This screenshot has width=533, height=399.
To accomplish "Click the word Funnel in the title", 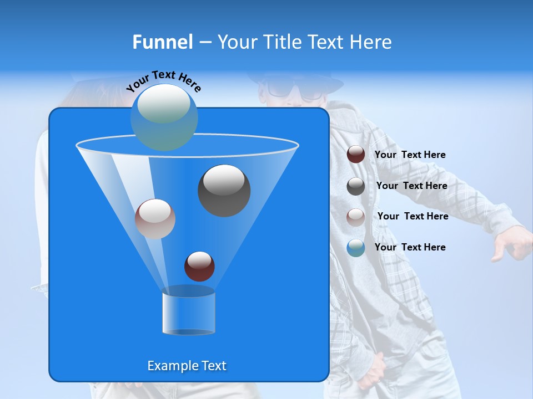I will click(x=162, y=42).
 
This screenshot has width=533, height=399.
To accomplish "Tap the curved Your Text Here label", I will click(x=163, y=80).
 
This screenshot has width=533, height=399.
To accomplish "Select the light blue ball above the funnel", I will click(x=164, y=117).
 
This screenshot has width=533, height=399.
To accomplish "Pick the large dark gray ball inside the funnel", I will click(x=224, y=191).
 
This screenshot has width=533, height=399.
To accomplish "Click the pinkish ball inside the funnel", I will click(x=155, y=219).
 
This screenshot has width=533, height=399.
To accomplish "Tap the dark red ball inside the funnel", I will click(x=199, y=266).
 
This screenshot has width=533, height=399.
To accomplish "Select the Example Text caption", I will click(x=187, y=366).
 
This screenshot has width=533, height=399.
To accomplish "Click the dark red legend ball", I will click(x=356, y=155).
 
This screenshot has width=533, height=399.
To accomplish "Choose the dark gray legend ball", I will click(x=356, y=186).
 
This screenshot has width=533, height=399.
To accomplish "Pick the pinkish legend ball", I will click(x=356, y=217).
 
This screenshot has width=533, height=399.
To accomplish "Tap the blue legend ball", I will click(x=356, y=248).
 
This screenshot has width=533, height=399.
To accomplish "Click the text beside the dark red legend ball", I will click(x=410, y=155).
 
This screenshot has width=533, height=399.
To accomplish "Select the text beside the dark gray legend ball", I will click(x=411, y=186).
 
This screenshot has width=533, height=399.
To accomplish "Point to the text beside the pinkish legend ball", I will click(x=413, y=217).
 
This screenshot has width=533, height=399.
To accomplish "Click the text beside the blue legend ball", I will click(x=410, y=248).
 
